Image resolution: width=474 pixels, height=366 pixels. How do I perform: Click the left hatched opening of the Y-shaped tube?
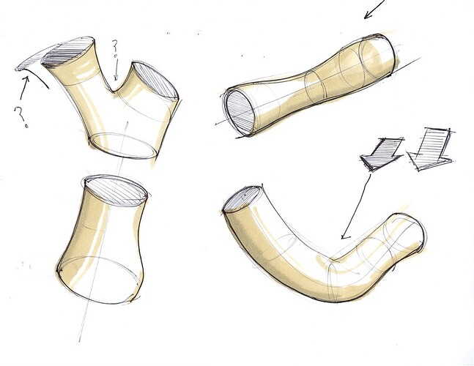[67, 52]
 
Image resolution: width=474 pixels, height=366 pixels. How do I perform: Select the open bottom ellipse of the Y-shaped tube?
[123, 146]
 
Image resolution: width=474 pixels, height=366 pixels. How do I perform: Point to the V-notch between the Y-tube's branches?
[114, 90]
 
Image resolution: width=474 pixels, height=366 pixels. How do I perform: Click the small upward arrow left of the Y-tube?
[24, 88]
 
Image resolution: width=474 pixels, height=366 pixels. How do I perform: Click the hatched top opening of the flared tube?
[116, 191]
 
